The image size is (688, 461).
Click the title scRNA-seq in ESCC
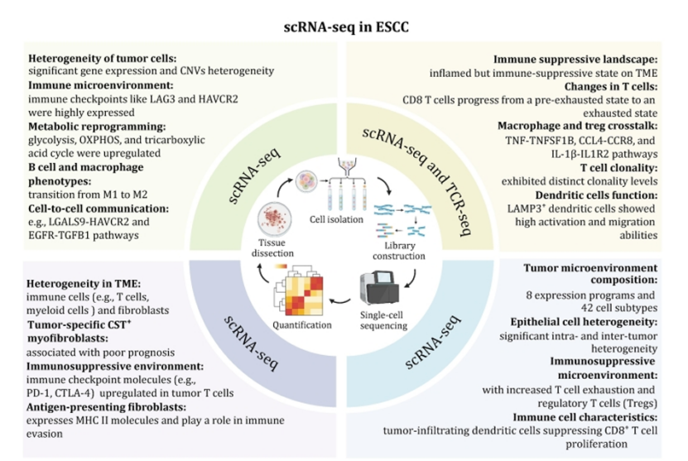click(x=344, y=26)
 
